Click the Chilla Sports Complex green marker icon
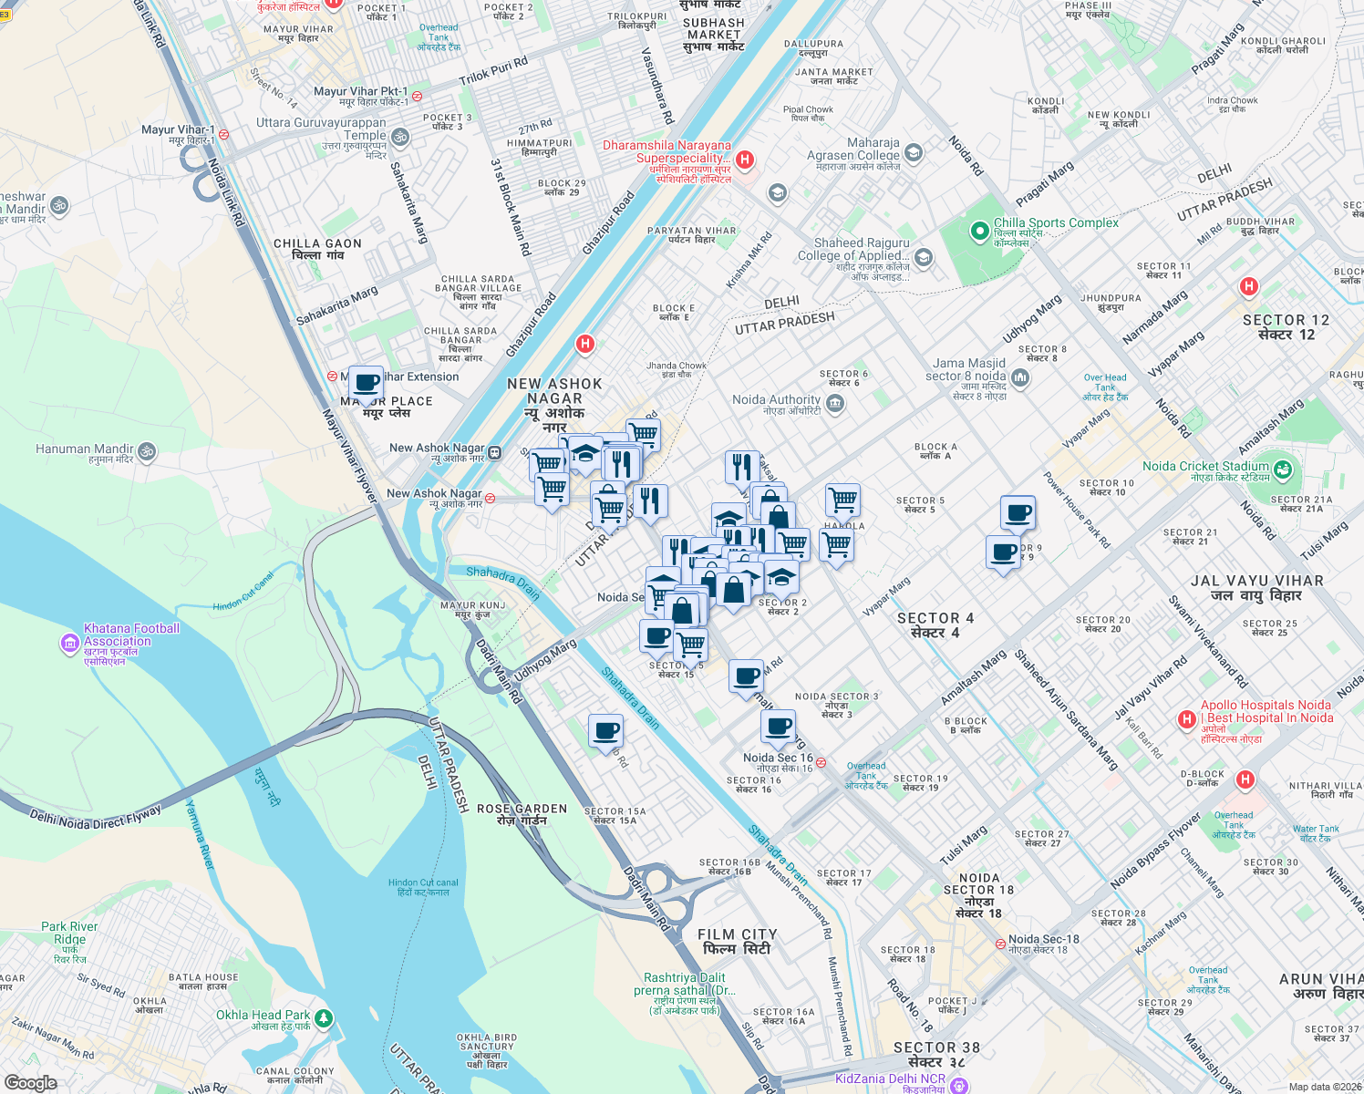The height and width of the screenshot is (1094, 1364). pyautogui.click(x=980, y=231)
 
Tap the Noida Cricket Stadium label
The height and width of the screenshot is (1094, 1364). pyautogui.click(x=1205, y=466)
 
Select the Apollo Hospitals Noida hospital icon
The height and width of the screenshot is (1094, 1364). pyautogui.click(x=1186, y=719)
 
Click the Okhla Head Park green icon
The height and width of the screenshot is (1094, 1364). pyautogui.click(x=324, y=1018)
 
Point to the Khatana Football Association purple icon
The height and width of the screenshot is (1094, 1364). pyautogui.click(x=70, y=644)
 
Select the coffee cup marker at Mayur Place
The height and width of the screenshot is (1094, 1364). pyautogui.click(x=366, y=384)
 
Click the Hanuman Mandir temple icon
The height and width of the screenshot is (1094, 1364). pyautogui.click(x=147, y=450)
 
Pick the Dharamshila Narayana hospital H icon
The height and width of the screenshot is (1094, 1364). pyautogui.click(x=745, y=160)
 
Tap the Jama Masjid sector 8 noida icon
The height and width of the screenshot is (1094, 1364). pyautogui.click(x=1020, y=378)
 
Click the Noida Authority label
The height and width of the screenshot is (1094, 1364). pyautogui.click(x=777, y=399)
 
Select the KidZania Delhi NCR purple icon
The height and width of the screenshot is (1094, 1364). pyautogui.click(x=957, y=1085)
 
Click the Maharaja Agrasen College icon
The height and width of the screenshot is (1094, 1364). pyautogui.click(x=914, y=153)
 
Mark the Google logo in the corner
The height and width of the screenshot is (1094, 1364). pyautogui.click(x=30, y=1082)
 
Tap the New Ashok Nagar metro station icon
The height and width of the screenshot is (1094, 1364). pyautogui.click(x=494, y=452)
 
